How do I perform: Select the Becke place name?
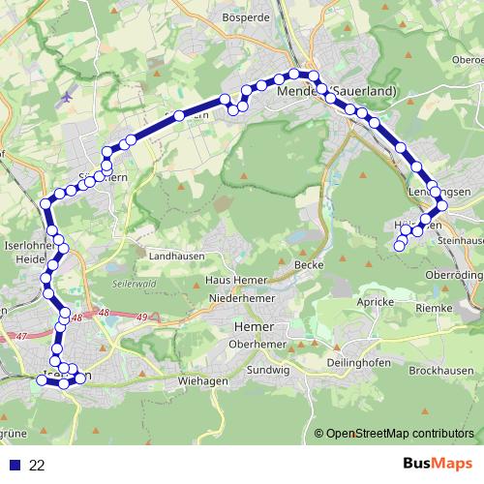coord(308,264)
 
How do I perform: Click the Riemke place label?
coord(434,308)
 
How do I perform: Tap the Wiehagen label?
coord(203,381)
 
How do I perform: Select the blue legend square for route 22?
coord(15,466)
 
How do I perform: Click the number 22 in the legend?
coord(38,466)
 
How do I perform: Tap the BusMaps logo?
coord(434,465)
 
